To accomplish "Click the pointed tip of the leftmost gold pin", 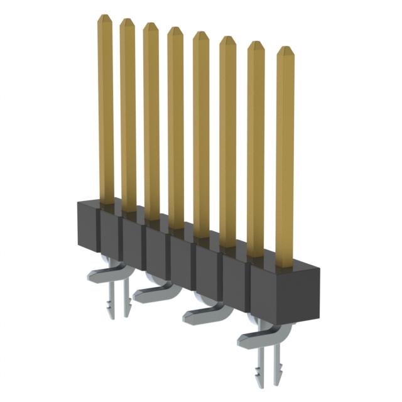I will [x=104, y=19].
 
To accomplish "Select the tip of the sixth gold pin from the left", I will [x=227, y=40].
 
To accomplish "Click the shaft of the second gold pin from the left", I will [x=128, y=113].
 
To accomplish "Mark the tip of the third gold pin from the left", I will [x=150, y=26].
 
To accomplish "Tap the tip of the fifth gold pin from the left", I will [x=200, y=35].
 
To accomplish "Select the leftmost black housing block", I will [x=88, y=225].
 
